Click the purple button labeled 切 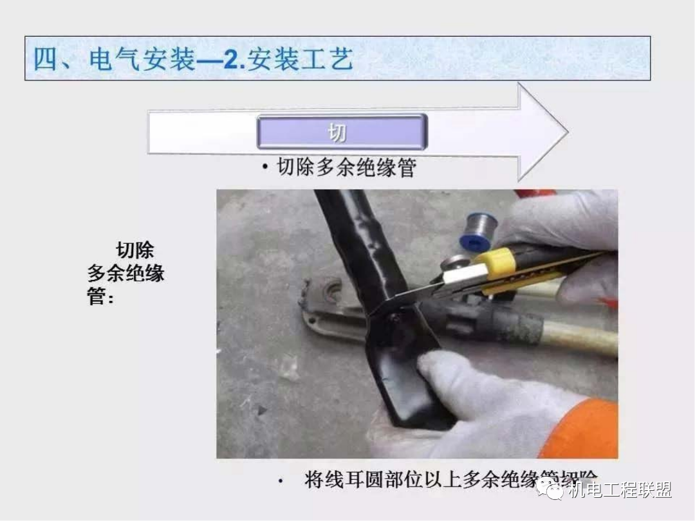pyautogui.click(x=341, y=132)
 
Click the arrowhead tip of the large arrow pyautogui.click(x=566, y=133)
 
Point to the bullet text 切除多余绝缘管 pyautogui.click(x=346, y=167)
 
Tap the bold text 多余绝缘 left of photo pyautogui.click(x=126, y=273)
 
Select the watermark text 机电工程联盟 pyautogui.click(x=619, y=490)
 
